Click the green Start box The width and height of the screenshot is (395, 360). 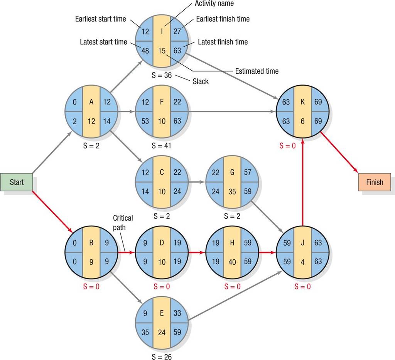pos(16,182)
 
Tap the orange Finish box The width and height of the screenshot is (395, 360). pos(375,182)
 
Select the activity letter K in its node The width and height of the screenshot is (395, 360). pos(302,101)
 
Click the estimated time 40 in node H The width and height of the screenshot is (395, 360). pos(232,262)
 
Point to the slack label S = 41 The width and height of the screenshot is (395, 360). pos(162,145)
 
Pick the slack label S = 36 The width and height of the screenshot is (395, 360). pos(162,75)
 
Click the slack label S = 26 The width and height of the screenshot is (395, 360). pos(162,357)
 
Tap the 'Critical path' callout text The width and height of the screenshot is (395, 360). pos(123,223)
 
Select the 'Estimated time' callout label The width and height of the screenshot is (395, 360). pos(257,71)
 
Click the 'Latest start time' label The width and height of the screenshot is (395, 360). pos(103,42)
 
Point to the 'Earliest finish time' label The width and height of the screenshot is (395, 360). pos(223,19)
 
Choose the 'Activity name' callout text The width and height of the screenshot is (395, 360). pos(214,3)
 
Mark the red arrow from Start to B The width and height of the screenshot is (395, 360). pos(52,212)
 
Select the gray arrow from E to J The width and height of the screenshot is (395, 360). pos(235,296)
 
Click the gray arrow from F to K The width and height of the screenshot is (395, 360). pos(232,112)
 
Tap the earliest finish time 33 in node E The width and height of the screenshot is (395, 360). pos(177,313)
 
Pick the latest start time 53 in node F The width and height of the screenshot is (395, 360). pos(145,121)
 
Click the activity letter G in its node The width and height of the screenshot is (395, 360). pos(232,172)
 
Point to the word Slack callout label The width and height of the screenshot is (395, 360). pos(201,81)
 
